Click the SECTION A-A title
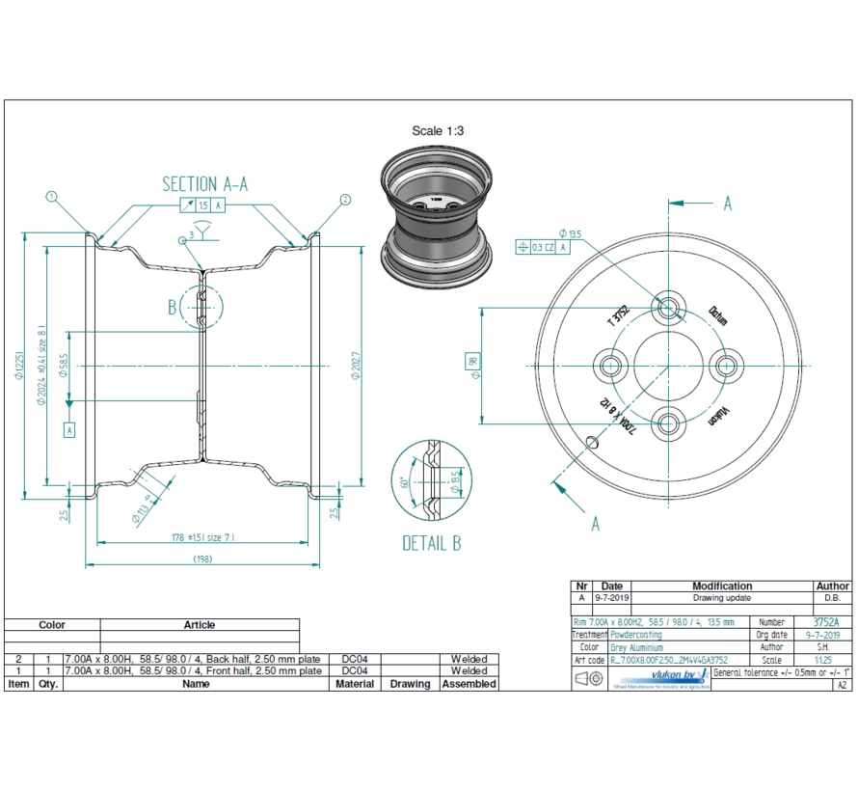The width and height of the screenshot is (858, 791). (204, 184)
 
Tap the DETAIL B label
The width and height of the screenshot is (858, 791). (431, 544)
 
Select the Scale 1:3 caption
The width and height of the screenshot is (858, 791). (440, 131)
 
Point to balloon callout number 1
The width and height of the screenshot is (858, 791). (52, 198)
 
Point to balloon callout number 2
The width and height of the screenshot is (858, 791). (344, 200)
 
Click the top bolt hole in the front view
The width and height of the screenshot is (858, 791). (668, 309)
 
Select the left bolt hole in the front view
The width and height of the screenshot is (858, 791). (611, 366)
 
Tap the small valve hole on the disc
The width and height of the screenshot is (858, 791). (594, 444)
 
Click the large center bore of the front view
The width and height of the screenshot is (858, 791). (668, 366)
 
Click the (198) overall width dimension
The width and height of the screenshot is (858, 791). (201, 559)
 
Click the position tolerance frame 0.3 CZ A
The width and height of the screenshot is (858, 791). (544, 247)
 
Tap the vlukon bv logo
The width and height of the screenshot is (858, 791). (674, 676)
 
